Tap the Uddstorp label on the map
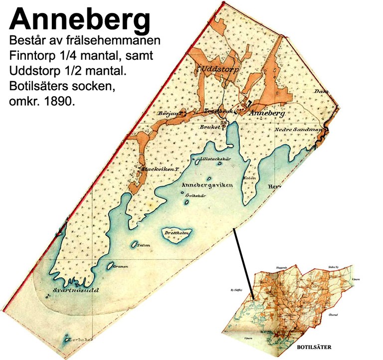[x=219, y=69]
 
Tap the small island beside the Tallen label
[x=134, y=245]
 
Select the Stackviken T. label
[x=160, y=169]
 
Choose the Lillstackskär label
[x=214, y=159]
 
